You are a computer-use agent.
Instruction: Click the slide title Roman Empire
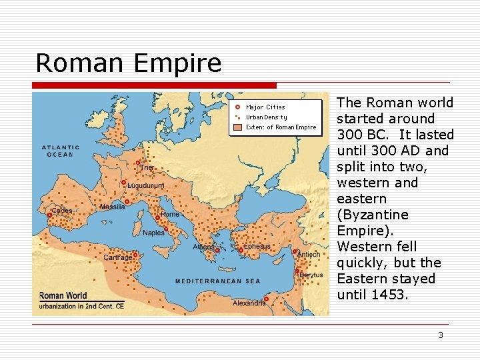[x=128, y=63]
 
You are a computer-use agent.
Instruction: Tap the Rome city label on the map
[x=171, y=214]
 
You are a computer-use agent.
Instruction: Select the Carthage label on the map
[x=117, y=257]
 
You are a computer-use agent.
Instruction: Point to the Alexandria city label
[x=248, y=303]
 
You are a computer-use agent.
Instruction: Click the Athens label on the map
[x=204, y=247]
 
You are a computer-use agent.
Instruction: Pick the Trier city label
[x=146, y=167]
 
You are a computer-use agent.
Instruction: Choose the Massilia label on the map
[x=112, y=207]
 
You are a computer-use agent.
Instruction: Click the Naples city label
[x=153, y=233]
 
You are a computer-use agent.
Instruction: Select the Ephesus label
[x=257, y=246]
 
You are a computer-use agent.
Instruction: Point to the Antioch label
[x=309, y=254]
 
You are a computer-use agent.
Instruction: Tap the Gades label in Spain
[x=62, y=211]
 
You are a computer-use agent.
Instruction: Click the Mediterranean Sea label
[x=217, y=281]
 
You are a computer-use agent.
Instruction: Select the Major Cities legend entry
[x=265, y=107]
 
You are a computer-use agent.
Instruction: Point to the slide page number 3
[x=440, y=335]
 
